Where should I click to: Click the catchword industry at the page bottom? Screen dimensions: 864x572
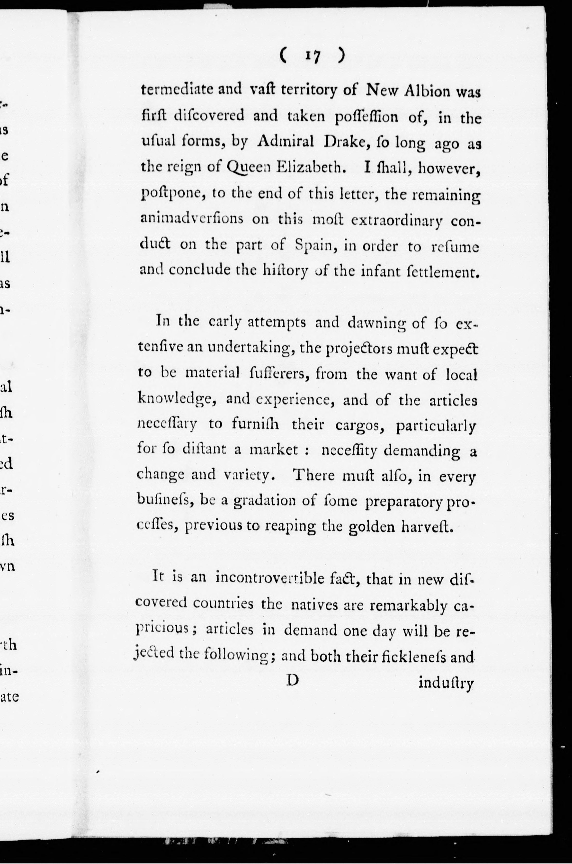coord(446,682)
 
